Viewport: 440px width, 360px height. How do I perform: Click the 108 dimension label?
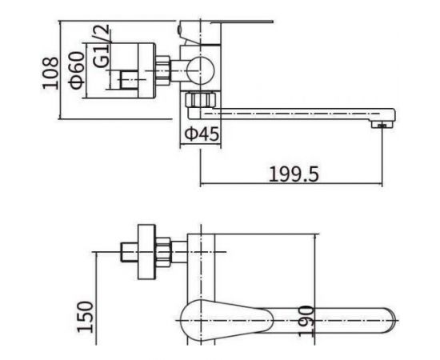pyautogui.click(x=50, y=74)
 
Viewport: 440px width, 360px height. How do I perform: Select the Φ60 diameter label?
pyautogui.click(x=77, y=70)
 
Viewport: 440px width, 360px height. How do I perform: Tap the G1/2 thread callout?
pyautogui.click(x=102, y=46)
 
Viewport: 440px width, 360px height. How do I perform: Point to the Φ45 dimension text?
pyautogui.click(x=202, y=134)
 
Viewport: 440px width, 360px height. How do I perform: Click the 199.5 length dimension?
pyautogui.click(x=294, y=174)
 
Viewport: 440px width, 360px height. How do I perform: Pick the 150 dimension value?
pyautogui.click(x=86, y=317)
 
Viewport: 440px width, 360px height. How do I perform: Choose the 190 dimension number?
pyautogui.click(x=306, y=321)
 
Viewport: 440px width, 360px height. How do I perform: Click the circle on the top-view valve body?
pyautogui.click(x=201, y=70)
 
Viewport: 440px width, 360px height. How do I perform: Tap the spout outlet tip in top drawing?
pyautogui.click(x=382, y=124)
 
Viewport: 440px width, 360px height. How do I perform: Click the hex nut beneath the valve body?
pyautogui.click(x=200, y=100)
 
